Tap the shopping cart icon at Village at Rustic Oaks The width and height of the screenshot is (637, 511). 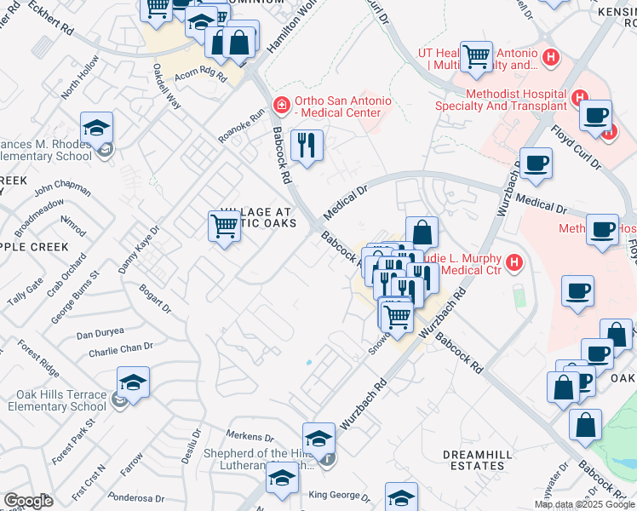point(224,227)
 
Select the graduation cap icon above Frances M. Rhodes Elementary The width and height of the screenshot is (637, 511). point(97,128)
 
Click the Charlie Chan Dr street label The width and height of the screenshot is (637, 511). point(120,347)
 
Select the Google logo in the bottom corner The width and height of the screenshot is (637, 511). point(28,500)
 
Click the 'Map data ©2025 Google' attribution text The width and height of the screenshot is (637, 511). point(584,504)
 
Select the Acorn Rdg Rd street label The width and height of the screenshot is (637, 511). point(201,76)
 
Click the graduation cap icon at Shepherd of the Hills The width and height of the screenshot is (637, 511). point(319,438)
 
